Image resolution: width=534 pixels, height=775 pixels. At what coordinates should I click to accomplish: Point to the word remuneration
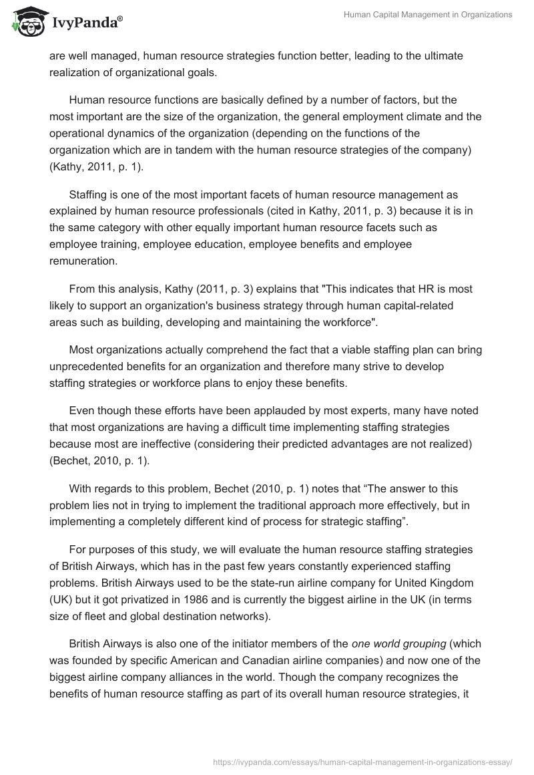click(83, 261)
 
